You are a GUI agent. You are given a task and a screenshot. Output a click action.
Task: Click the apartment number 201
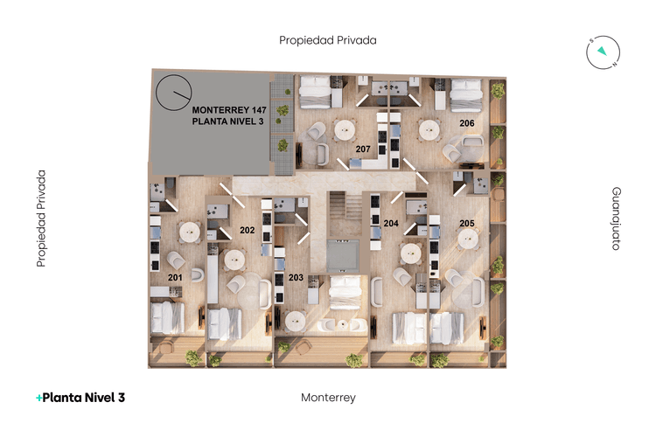[175, 278]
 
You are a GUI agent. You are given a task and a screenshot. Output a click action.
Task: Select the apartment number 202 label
[247, 231]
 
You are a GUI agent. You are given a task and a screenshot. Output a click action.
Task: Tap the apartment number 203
[296, 278]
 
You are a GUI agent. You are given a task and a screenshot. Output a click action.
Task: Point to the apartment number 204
[391, 224]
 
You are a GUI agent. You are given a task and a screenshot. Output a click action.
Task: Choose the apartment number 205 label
[467, 224]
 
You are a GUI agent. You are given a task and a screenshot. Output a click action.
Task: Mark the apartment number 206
[467, 123]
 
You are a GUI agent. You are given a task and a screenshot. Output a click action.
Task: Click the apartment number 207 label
[363, 149]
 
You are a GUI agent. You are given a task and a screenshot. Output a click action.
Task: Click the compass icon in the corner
[602, 53]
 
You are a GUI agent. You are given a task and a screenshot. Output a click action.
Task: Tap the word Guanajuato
[616, 218]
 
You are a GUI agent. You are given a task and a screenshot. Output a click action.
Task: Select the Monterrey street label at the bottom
[328, 397]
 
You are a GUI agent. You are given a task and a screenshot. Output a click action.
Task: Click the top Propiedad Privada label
[327, 40]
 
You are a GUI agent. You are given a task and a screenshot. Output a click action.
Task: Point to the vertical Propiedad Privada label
[40, 218]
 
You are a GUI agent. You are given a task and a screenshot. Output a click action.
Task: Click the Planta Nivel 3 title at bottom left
[80, 397]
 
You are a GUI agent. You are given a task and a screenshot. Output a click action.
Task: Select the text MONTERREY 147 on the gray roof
[229, 109]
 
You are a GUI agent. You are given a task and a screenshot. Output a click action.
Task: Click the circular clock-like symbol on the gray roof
[173, 93]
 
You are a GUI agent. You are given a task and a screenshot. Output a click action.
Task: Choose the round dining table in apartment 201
[190, 232]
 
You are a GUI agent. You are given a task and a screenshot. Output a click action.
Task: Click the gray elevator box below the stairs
[342, 253]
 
